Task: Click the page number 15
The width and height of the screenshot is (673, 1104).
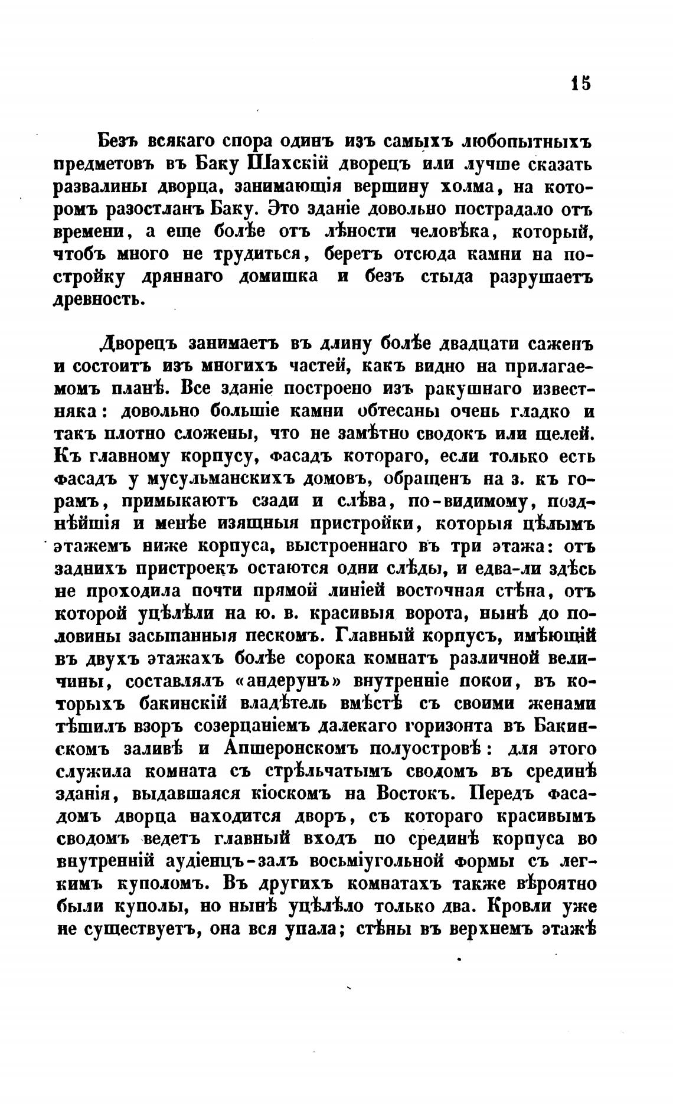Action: [x=580, y=82]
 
